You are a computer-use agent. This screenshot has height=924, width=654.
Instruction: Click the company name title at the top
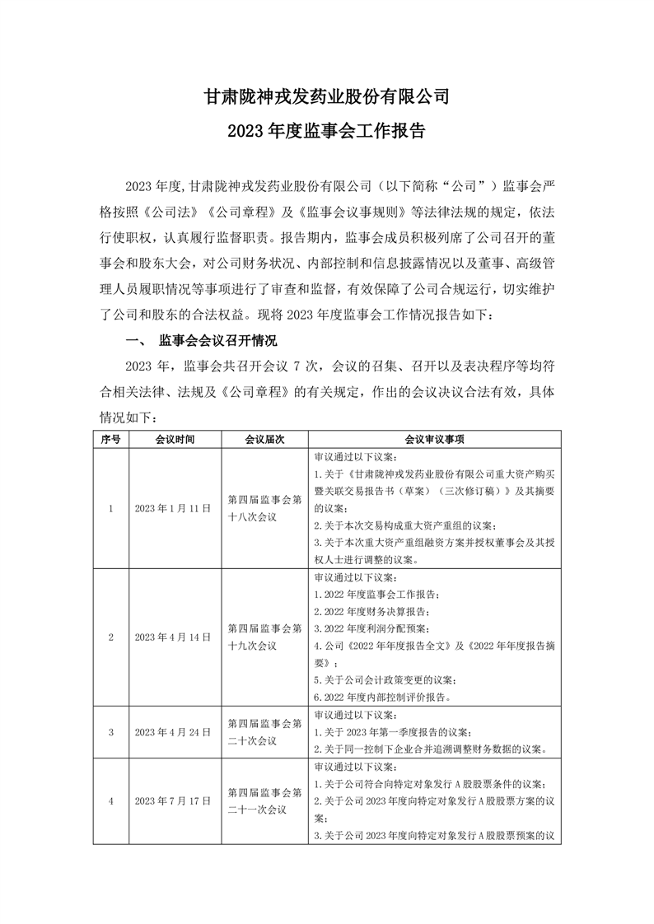coord(327,97)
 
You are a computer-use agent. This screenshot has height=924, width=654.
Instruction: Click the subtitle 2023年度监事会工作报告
coord(327,131)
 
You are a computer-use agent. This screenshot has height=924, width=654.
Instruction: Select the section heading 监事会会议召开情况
coord(218,340)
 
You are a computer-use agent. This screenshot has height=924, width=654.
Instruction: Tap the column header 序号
coord(110,440)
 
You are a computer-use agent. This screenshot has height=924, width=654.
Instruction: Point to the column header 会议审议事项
coord(434,440)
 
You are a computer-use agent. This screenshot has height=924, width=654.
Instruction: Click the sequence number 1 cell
coord(110,509)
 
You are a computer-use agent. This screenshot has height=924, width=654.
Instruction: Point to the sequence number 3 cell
coord(110,731)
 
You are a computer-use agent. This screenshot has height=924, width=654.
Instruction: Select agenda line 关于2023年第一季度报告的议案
coord(392,731)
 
